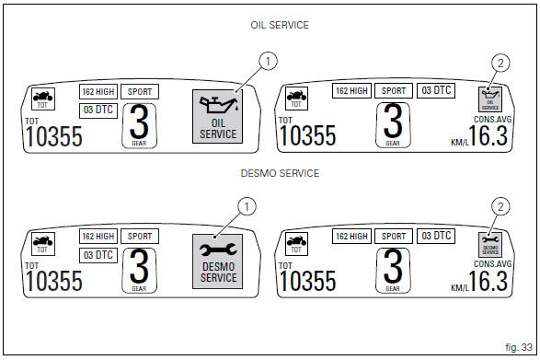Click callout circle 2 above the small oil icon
(500, 64)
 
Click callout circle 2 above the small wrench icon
(500, 206)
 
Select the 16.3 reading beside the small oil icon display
(488, 135)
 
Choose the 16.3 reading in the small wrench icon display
(488, 279)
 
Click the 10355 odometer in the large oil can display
(52, 137)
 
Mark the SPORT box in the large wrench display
(141, 237)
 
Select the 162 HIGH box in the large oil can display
(98, 92)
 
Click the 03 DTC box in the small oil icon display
(436, 90)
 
